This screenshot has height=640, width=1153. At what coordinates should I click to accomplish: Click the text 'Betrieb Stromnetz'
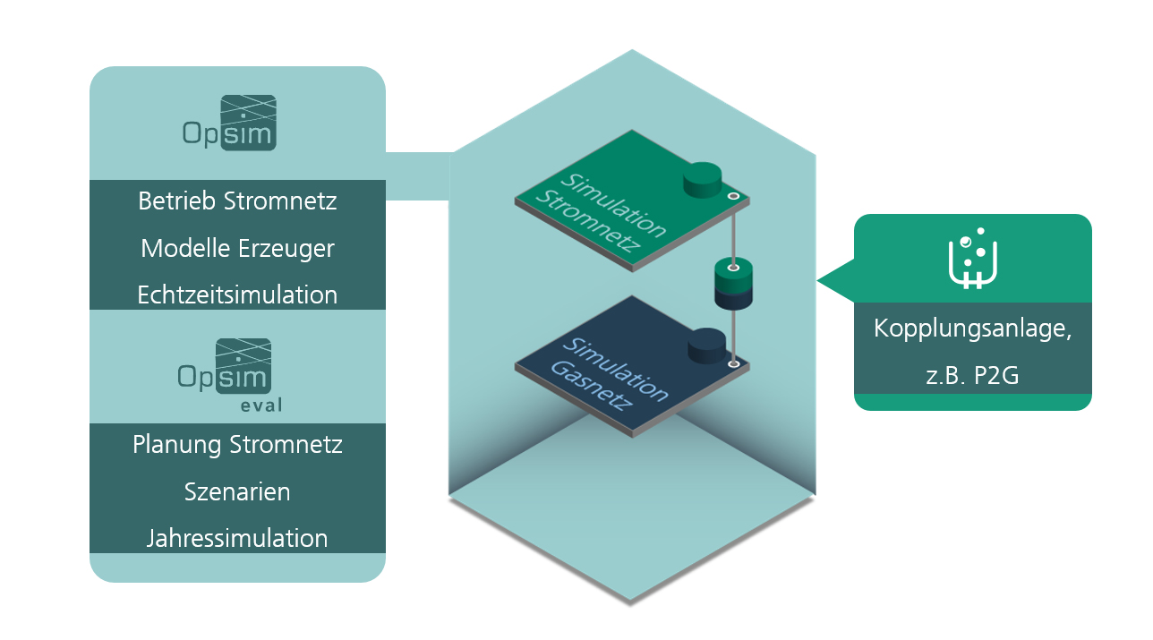pyautogui.click(x=237, y=201)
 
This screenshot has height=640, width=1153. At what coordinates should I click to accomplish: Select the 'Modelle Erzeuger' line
pyautogui.click(x=237, y=249)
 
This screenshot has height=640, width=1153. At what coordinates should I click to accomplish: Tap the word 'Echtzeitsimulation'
pyautogui.click(x=237, y=295)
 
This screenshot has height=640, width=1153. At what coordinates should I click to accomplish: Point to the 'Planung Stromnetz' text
pyautogui.click(x=237, y=445)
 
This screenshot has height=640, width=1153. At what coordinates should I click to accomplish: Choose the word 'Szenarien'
pyautogui.click(x=237, y=491)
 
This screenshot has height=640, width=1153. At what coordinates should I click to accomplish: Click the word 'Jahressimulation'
pyautogui.click(x=237, y=539)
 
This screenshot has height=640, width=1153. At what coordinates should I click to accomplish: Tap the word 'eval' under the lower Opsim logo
pyautogui.click(x=261, y=405)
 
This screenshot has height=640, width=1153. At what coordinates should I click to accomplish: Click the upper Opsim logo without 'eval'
pyautogui.click(x=229, y=123)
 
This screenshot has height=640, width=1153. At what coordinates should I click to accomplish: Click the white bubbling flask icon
pyautogui.click(x=973, y=259)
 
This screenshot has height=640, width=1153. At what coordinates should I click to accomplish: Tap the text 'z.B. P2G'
pyautogui.click(x=972, y=376)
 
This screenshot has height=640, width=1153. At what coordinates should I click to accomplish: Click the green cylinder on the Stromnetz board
pyautogui.click(x=703, y=180)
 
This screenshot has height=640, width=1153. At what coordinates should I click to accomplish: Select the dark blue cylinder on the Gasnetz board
pyautogui.click(x=707, y=346)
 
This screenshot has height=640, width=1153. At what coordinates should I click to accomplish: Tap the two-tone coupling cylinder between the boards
pyautogui.click(x=733, y=284)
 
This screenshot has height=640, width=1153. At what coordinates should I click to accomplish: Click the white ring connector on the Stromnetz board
pyautogui.click(x=734, y=196)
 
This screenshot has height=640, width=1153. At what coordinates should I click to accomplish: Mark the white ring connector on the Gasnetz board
pyautogui.click(x=734, y=364)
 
